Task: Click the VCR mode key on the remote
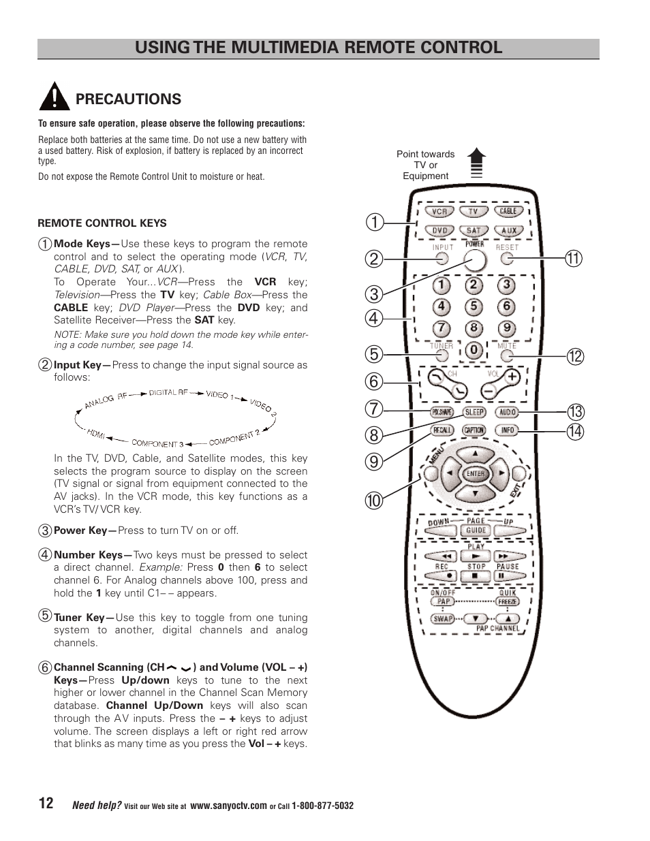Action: click(439, 212)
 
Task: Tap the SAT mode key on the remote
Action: click(474, 231)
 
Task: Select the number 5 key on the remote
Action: click(474, 307)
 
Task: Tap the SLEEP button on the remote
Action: click(474, 412)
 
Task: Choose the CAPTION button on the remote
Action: click(474, 430)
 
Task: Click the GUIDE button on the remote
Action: click(476, 530)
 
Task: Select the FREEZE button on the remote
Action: click(508, 602)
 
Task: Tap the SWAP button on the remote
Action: click(444, 619)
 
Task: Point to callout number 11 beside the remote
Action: click(574, 258)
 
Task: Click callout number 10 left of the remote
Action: click(374, 501)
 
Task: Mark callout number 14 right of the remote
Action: click(574, 430)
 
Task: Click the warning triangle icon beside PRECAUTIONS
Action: click(53, 97)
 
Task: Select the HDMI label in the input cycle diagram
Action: click(95, 432)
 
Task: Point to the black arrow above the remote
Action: click(476, 163)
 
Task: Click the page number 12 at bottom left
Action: click(46, 804)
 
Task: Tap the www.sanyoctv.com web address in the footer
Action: click(228, 806)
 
